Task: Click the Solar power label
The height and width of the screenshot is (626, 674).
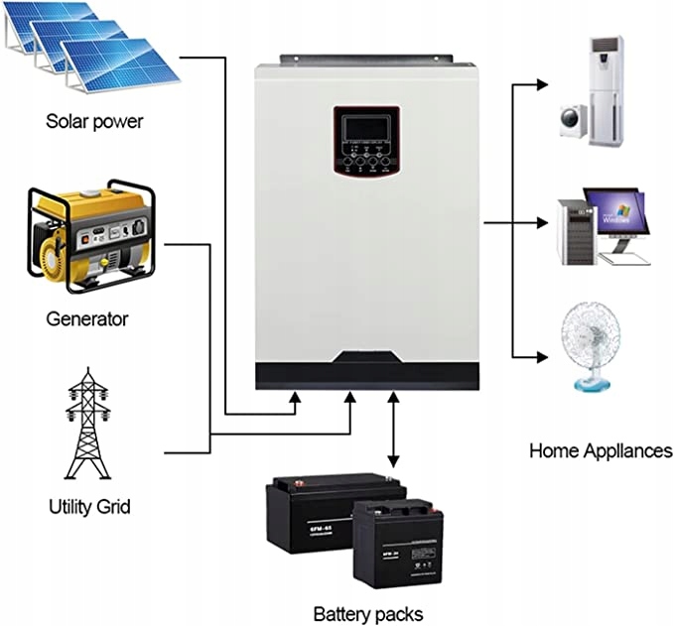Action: pos(94,122)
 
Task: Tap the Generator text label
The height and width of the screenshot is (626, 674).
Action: pos(86,319)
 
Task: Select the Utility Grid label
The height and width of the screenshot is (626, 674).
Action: pos(89,507)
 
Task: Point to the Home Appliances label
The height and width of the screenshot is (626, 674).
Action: pos(601,450)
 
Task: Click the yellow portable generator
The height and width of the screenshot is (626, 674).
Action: pos(90,237)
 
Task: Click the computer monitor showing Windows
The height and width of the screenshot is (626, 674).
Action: pos(614,212)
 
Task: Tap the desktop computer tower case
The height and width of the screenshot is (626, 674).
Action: pos(575,229)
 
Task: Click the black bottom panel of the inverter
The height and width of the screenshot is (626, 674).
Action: pos(367,373)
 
